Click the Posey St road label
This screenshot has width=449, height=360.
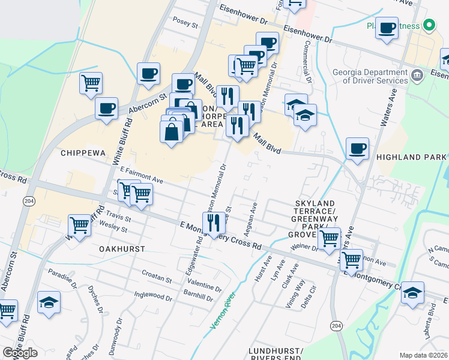(185, 25)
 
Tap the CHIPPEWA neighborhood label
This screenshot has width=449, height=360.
(83, 153)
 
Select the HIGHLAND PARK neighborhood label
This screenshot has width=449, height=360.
(412, 157)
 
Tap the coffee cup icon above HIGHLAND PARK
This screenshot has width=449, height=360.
(357, 148)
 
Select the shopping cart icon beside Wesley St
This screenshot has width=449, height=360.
(79, 226)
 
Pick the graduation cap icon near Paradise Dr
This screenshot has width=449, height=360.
(49, 302)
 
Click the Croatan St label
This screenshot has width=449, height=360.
(157, 280)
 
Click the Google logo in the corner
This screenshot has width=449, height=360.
(20, 353)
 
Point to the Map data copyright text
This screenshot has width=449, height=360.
(424, 355)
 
